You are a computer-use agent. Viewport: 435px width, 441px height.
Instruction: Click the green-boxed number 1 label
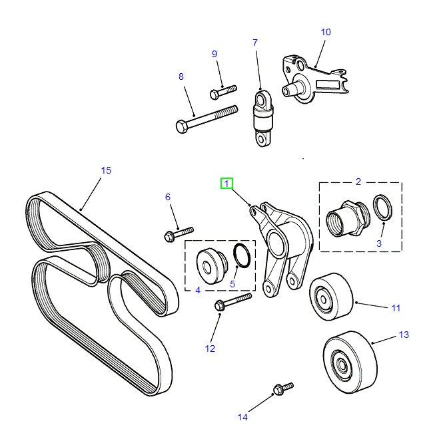point(227,183)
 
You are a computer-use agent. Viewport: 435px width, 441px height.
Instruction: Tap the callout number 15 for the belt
point(105,170)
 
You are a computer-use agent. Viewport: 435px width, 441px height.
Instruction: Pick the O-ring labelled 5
point(242,255)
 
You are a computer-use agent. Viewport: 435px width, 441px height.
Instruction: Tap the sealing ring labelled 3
point(382,208)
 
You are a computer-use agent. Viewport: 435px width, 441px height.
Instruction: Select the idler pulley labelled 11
point(331,295)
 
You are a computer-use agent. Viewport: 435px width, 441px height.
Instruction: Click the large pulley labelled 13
point(350,361)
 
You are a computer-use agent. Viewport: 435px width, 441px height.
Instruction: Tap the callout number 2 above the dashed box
point(358,181)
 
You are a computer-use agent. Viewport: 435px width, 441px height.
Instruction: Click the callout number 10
point(326,32)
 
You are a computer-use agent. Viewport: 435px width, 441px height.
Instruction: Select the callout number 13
point(404,335)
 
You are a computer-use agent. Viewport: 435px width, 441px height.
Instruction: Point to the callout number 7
point(254,43)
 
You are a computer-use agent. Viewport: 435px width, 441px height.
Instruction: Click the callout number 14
point(242,417)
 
